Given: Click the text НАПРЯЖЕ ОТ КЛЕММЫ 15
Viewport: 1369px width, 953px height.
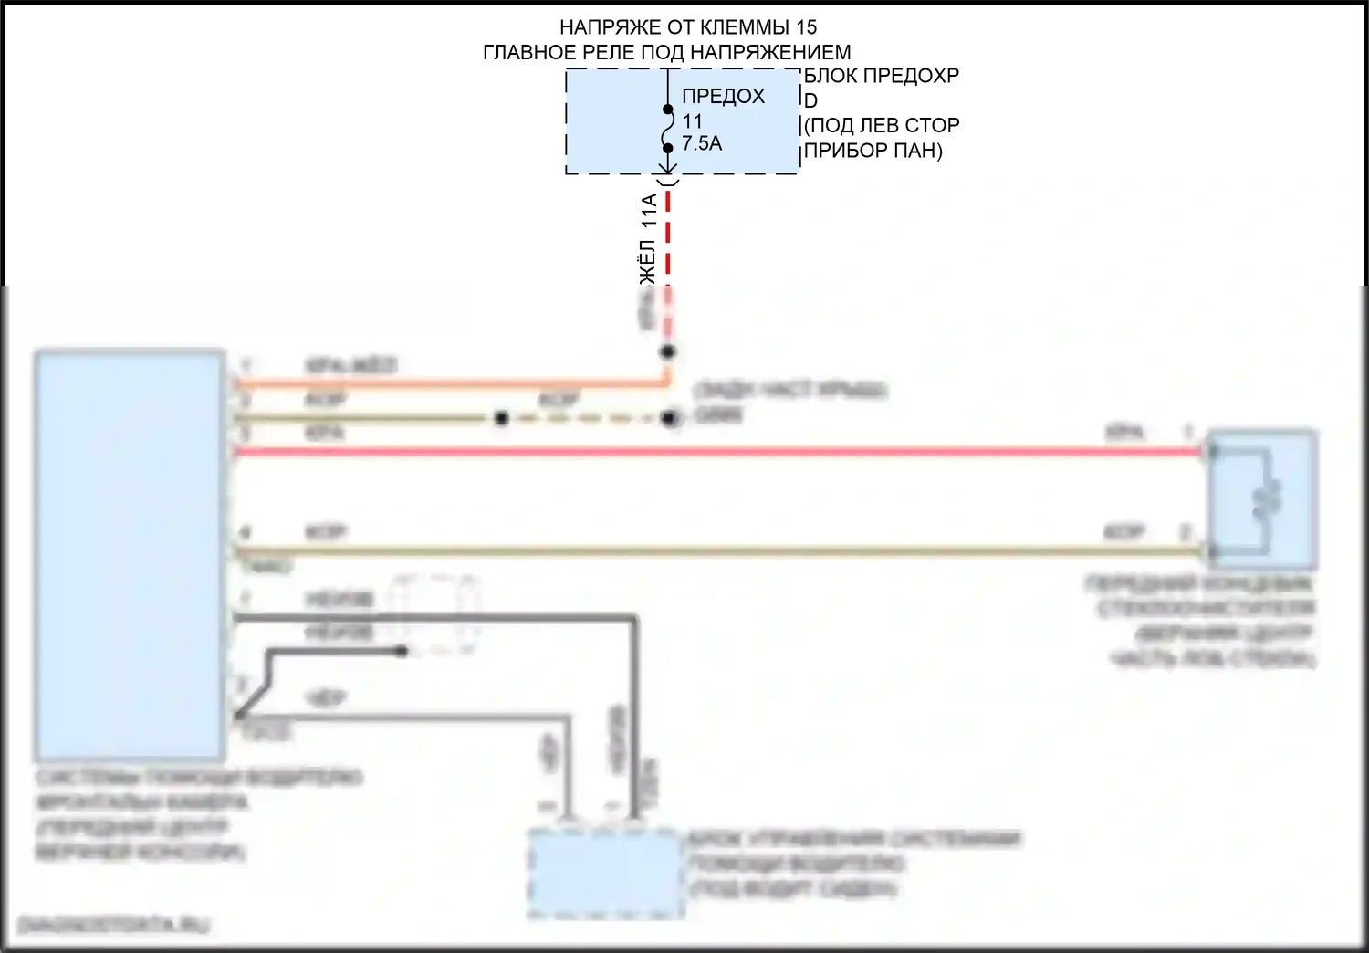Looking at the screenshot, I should pyautogui.click(x=687, y=27).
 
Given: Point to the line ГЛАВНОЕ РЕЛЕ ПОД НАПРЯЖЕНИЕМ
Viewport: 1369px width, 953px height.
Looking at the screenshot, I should pyautogui.click(x=666, y=53).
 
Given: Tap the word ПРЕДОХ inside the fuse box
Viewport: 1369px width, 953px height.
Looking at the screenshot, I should pyautogui.click(x=723, y=96).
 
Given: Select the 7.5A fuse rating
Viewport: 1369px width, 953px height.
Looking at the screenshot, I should pyautogui.click(x=702, y=143).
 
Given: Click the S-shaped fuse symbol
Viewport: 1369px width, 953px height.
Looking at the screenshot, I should pyautogui.click(x=668, y=129).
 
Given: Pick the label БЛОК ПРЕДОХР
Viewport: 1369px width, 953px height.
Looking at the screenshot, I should pyautogui.click(x=882, y=76).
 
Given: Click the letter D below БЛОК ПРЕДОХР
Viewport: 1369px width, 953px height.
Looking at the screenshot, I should pyautogui.click(x=810, y=100).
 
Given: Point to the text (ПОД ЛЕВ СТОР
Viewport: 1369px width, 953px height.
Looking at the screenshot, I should pyautogui.click(x=882, y=125).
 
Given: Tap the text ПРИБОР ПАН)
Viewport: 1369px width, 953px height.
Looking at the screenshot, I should pyautogui.click(x=873, y=151).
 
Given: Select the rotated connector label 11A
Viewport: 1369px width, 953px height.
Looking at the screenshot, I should pyautogui.click(x=648, y=211).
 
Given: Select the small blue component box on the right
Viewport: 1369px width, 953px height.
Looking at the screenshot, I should pyautogui.click(x=1262, y=500).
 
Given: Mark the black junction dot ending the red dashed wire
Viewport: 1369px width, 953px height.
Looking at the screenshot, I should pyautogui.click(x=669, y=351).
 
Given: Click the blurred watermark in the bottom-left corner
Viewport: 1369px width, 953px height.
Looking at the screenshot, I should pyautogui.click(x=114, y=925).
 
